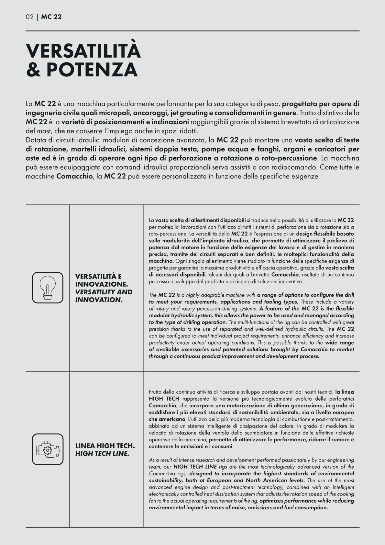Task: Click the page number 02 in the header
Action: click(29, 17)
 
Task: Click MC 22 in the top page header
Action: click(51, 17)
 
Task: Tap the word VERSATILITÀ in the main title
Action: click(83, 51)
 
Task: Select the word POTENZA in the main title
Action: click(92, 70)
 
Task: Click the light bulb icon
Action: click(48, 288)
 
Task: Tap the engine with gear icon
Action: click(48, 449)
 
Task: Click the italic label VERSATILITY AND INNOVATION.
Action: click(104, 296)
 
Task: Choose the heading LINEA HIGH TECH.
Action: click(105, 446)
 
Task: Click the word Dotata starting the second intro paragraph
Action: click(36, 140)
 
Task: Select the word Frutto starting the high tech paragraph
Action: click(155, 392)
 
